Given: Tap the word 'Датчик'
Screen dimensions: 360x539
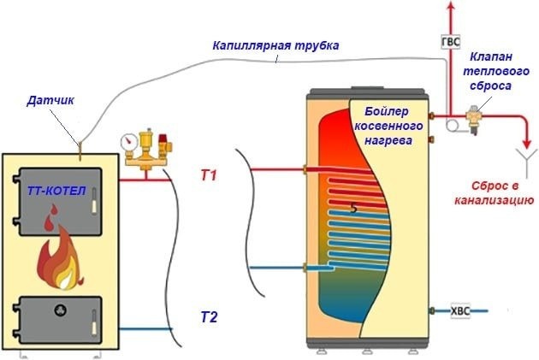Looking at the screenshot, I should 50,101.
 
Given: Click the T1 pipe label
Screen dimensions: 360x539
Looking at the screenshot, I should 209,176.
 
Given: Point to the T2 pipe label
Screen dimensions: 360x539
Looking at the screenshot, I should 209,318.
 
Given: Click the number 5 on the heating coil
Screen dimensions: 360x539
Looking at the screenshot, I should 354,208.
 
